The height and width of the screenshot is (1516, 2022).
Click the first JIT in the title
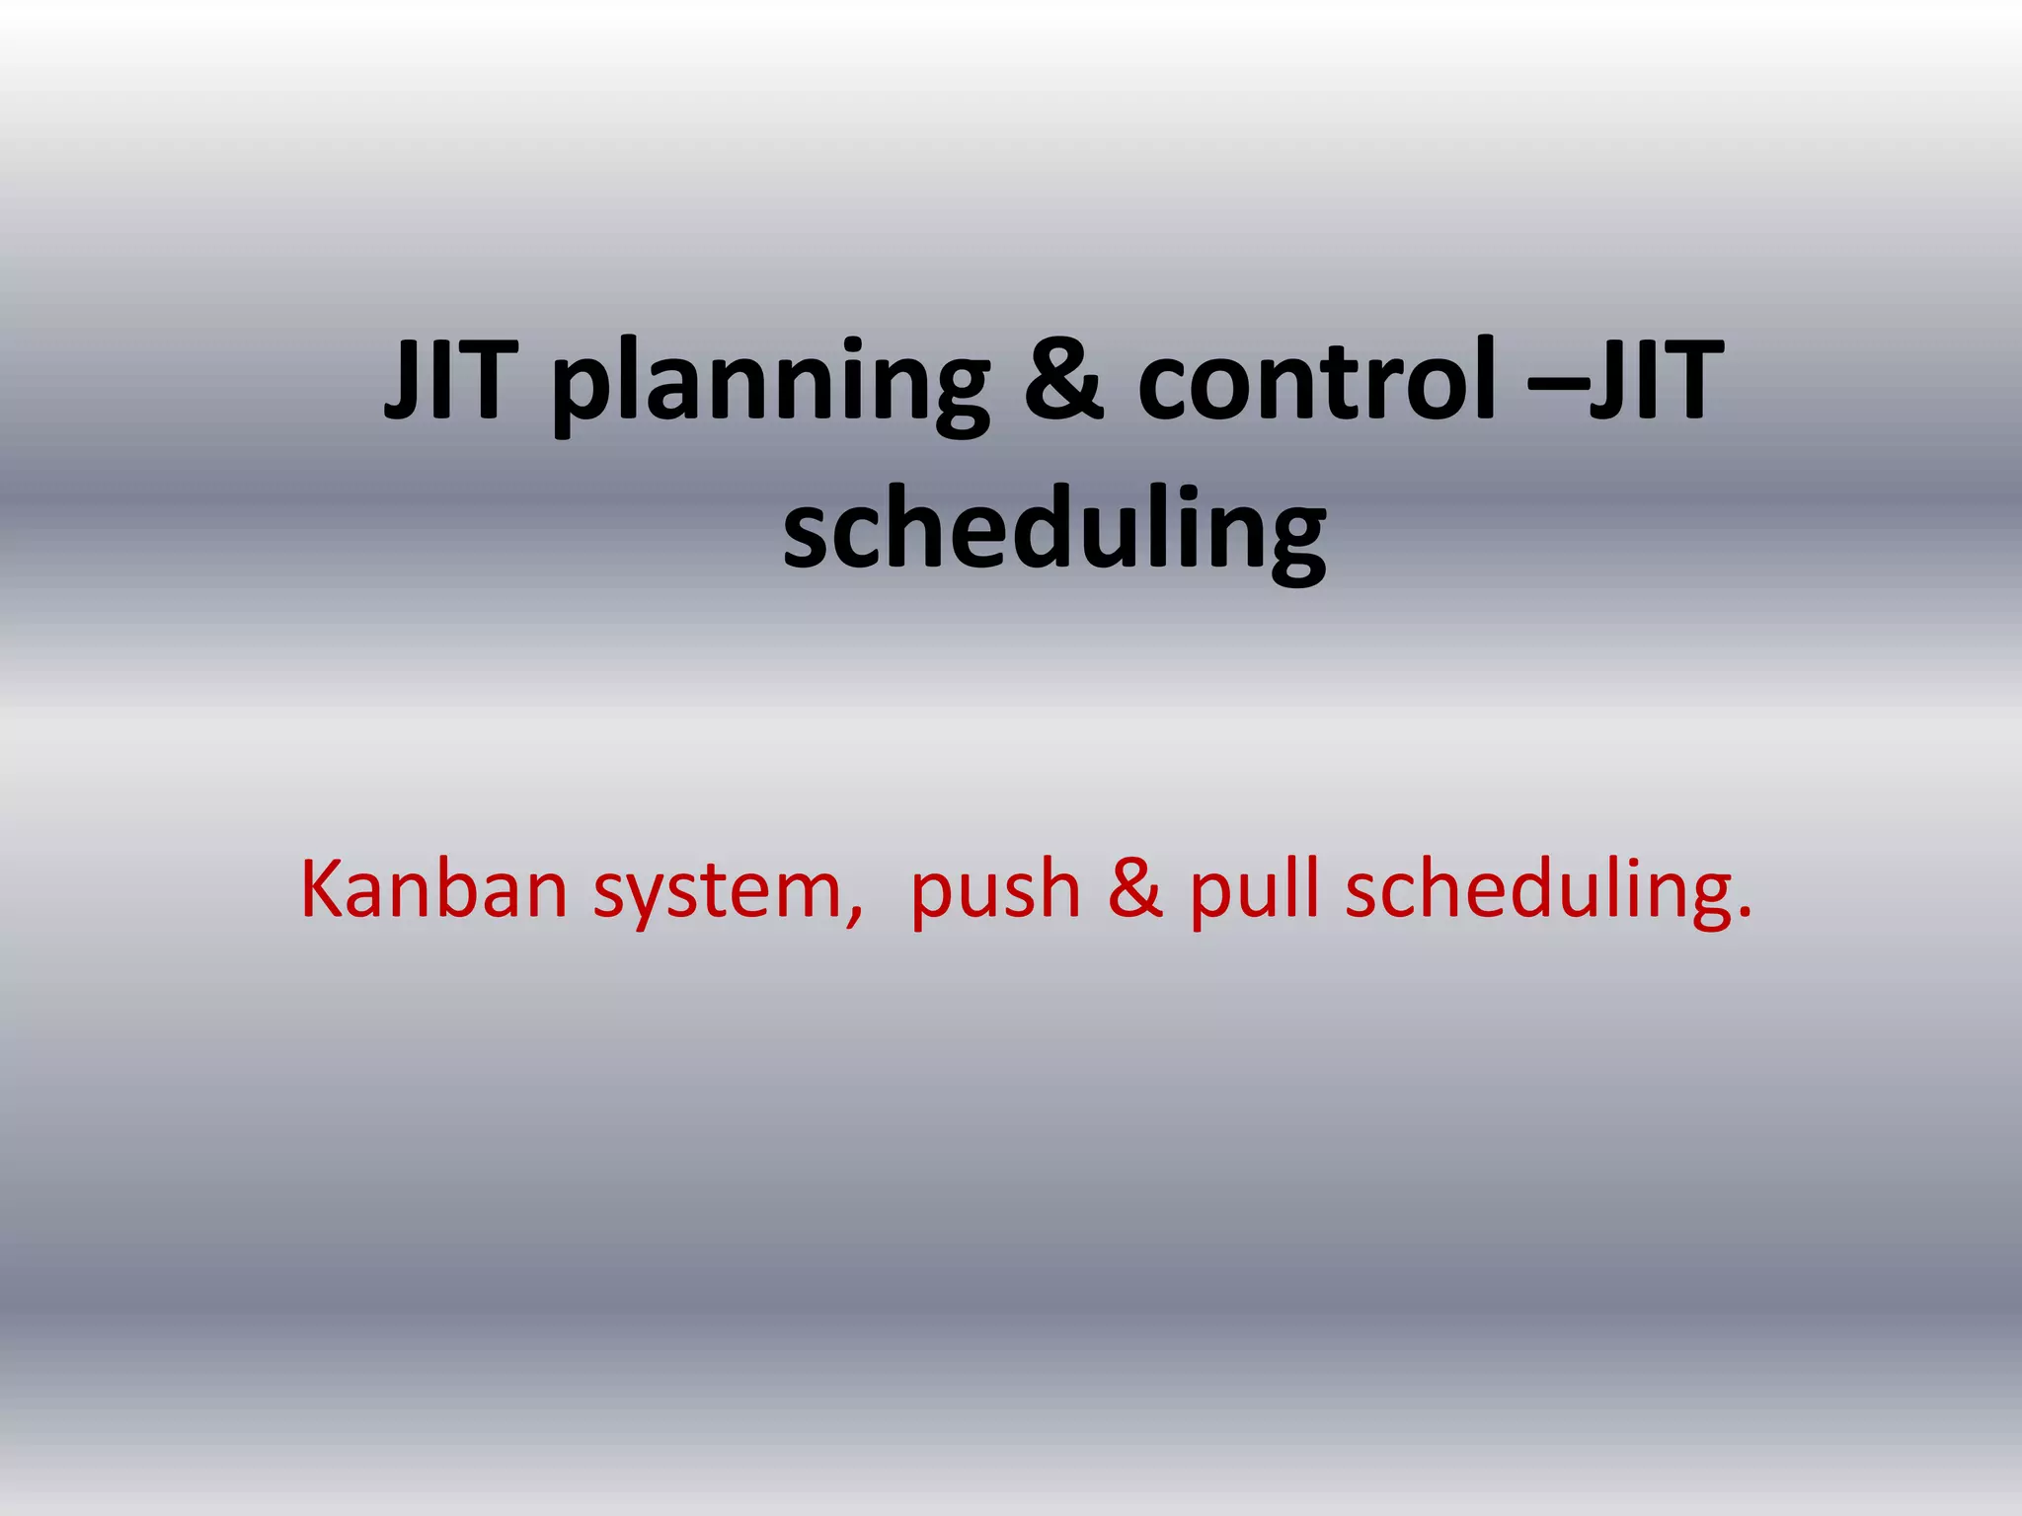(450, 379)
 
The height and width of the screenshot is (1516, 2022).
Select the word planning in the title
(769, 385)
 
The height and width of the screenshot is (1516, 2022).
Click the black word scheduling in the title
(1053, 533)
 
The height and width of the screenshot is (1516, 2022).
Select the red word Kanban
(433, 889)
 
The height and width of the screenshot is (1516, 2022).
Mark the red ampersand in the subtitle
(1134, 889)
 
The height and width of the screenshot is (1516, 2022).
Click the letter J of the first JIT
(400, 379)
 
